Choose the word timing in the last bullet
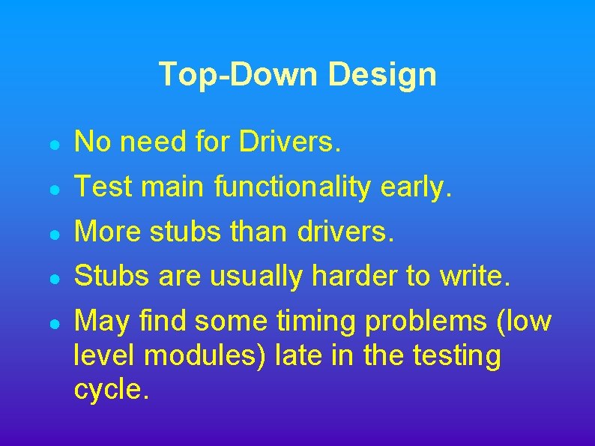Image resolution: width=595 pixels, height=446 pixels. point(315,322)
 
